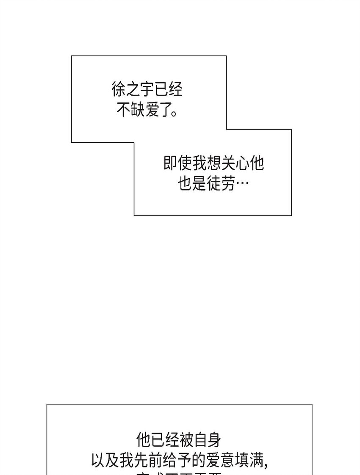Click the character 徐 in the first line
pyautogui.click(x=119, y=90)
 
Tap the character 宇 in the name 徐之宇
pyautogui.click(x=147, y=90)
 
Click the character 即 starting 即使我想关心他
pyautogui.click(x=171, y=164)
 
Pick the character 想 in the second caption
pyautogui.click(x=213, y=164)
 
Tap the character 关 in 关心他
pyautogui.click(x=228, y=164)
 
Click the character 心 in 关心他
pyautogui.click(x=242, y=164)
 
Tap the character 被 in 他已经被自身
pyautogui.click(x=186, y=440)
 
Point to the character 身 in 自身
pyautogui.click(x=214, y=440)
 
